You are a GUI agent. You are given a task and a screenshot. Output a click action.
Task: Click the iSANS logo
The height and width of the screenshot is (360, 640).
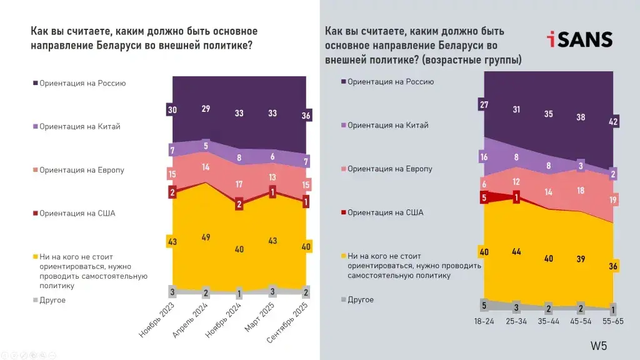[579, 39]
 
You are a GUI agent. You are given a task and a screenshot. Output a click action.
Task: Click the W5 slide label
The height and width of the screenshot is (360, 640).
[599, 346]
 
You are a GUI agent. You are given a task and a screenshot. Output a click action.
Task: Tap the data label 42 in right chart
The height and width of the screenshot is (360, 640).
[613, 122]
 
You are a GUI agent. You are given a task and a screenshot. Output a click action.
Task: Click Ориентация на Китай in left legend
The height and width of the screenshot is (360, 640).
[79, 126]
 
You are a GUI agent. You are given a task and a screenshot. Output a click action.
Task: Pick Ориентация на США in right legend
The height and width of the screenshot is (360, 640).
[385, 212]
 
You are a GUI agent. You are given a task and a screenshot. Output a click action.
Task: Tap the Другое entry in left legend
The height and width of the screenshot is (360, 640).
[52, 300]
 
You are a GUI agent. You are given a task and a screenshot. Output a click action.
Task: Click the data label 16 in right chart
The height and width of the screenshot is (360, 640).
[484, 157]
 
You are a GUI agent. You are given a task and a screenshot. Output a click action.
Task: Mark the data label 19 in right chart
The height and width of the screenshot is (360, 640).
[613, 201]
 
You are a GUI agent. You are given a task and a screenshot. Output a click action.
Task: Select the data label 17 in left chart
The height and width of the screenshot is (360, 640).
[239, 184]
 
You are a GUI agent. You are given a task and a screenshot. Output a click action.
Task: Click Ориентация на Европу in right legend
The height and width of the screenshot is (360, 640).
[389, 169]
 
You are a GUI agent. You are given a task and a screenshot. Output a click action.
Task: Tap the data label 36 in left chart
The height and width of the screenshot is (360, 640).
[306, 116]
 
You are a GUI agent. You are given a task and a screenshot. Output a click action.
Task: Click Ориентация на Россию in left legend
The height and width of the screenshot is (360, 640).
[82, 82]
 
